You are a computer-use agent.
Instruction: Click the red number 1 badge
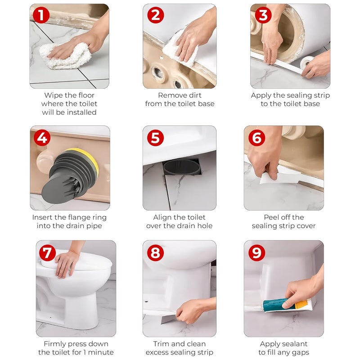tap(41, 16)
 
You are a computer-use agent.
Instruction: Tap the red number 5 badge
tap(155, 137)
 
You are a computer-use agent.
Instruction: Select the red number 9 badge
tap(256, 253)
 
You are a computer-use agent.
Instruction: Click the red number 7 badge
tap(48, 253)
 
